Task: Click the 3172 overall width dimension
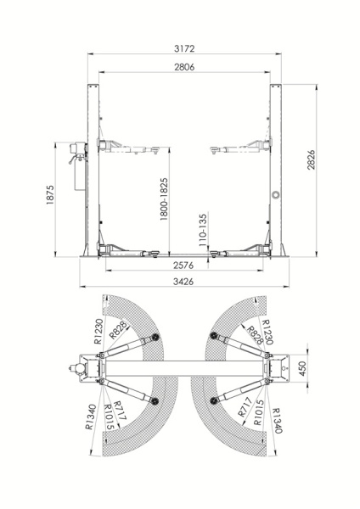184,48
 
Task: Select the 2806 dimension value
184,67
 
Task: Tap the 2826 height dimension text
311,159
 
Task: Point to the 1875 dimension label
50,195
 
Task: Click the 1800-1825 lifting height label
164,199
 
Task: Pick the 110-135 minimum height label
203,230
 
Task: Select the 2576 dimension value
183,266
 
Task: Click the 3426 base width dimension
183,282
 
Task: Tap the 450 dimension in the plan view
302,369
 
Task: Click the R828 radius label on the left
117,330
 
